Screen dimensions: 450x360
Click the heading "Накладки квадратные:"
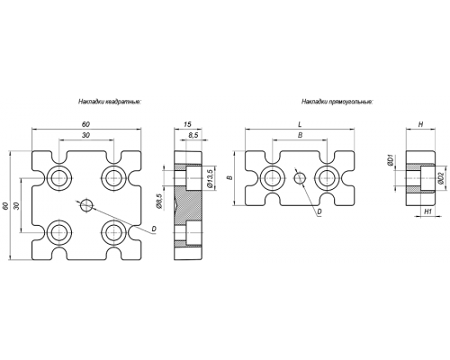click(x=110, y=102)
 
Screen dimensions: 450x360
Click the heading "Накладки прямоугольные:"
click(x=337, y=102)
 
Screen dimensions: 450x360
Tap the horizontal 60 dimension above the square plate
click(x=86, y=124)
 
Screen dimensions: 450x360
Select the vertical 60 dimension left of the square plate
click(x=5, y=206)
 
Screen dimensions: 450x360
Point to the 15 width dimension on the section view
click(x=188, y=124)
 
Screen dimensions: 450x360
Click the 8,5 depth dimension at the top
click(x=193, y=135)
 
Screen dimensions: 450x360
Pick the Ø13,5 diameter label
click(x=210, y=178)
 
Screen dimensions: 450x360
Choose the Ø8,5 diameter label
click(x=159, y=201)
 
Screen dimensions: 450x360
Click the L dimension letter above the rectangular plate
click(x=300, y=124)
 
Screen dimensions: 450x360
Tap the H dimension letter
click(x=420, y=124)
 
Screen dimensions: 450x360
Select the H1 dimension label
click(x=427, y=211)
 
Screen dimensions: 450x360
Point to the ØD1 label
click(x=391, y=160)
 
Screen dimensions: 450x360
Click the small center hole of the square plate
click(x=86, y=205)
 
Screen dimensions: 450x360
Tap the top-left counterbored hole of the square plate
click(x=59, y=178)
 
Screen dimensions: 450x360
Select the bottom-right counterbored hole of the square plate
click(x=113, y=232)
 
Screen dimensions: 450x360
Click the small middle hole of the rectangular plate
click(x=300, y=178)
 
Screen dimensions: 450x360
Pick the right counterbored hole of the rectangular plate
click(x=327, y=178)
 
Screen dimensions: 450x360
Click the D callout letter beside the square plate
click(x=154, y=229)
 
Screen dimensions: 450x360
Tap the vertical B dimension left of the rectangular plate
click(x=229, y=178)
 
